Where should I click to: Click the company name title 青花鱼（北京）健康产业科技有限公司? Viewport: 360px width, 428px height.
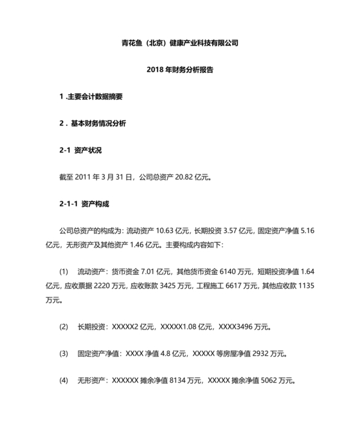[179, 43]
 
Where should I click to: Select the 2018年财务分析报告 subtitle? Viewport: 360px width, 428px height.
[179, 70]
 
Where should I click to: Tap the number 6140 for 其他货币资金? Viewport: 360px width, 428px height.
[230, 273]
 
